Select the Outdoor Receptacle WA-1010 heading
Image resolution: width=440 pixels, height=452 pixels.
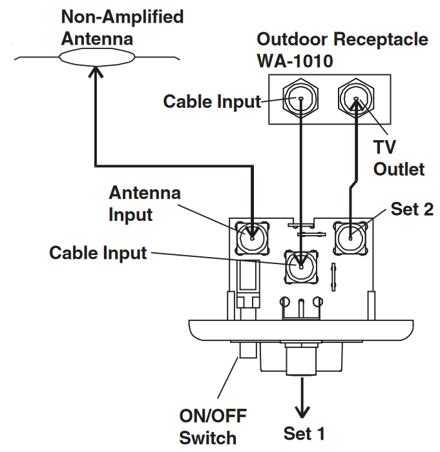click(342, 49)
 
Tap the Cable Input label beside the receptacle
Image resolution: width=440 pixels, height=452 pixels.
click(211, 101)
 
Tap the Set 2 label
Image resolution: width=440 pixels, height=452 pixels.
click(412, 209)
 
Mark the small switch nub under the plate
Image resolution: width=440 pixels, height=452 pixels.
click(247, 351)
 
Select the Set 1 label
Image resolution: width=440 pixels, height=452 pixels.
click(304, 433)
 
